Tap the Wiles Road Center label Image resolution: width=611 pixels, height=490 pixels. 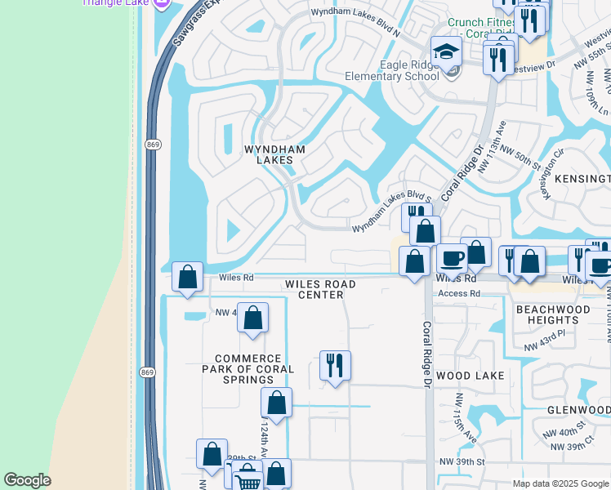click(x=320, y=289)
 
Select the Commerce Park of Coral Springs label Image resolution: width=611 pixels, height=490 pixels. click(x=248, y=369)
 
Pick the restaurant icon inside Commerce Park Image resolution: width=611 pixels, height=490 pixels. click(x=335, y=365)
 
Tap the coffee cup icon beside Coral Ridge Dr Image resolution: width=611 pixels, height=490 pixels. click(x=452, y=259)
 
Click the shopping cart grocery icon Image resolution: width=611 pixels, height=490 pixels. click(x=248, y=480)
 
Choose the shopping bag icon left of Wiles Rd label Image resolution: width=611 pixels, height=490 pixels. click(x=188, y=277)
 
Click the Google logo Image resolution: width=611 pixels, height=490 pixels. click(x=27, y=479)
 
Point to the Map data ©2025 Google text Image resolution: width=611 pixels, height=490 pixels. click(x=560, y=483)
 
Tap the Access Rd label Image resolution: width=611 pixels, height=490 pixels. click(x=458, y=293)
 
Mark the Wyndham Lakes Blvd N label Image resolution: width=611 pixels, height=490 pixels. click(x=356, y=12)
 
